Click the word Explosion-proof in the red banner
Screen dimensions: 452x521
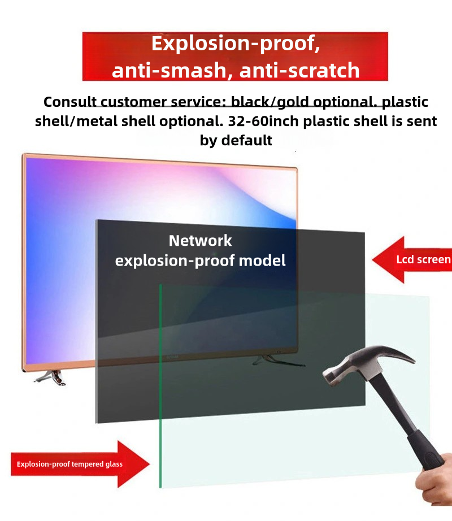click(x=233, y=44)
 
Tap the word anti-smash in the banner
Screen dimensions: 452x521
click(x=169, y=70)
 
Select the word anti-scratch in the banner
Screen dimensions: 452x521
click(x=299, y=70)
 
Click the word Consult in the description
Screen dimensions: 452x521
click(x=70, y=102)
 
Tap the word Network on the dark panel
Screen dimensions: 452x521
click(x=200, y=241)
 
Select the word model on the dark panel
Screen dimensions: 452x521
click(x=262, y=260)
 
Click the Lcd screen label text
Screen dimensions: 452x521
click(x=423, y=259)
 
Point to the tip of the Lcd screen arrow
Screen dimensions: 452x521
click(x=373, y=260)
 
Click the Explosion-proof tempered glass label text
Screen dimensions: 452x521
click(x=69, y=464)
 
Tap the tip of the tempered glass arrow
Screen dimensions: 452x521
click(x=149, y=464)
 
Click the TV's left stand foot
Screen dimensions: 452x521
click(x=51, y=377)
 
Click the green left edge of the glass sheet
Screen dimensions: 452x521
click(x=160, y=386)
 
